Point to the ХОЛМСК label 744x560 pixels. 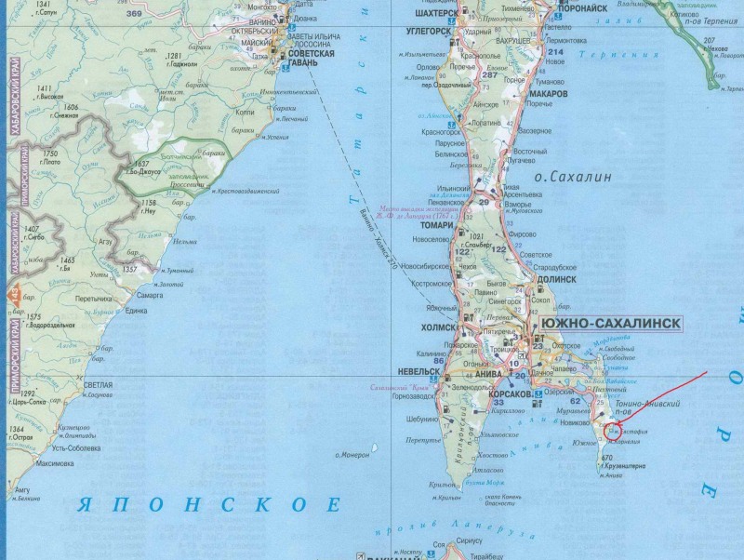point(438,327)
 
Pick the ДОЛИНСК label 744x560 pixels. point(555,278)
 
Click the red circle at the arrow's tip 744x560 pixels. point(613,429)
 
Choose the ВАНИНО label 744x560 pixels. point(263,20)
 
